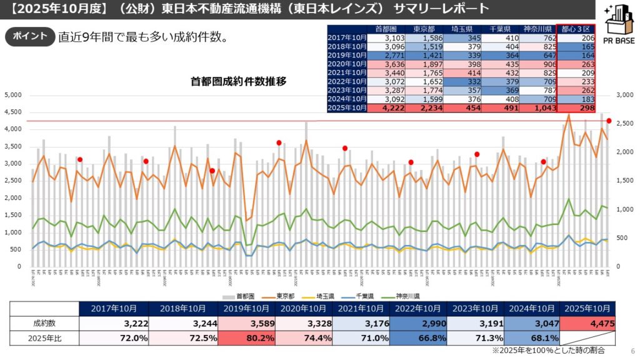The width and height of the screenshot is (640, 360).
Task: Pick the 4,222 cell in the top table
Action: click(387, 108)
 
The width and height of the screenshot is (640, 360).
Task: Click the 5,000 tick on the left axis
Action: click(13, 95)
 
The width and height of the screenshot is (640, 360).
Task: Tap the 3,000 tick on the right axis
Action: click(625, 95)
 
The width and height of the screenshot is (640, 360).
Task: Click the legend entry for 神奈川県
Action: click(407, 296)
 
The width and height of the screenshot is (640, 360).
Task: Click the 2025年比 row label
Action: click(44, 338)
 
